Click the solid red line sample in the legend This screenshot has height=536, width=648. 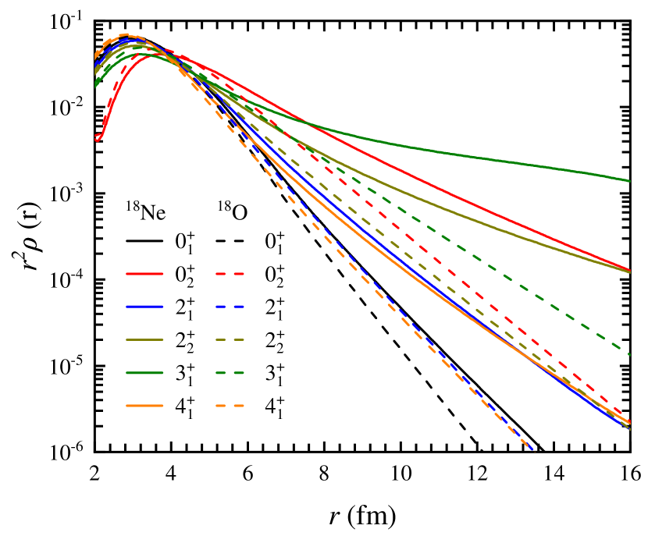(144, 274)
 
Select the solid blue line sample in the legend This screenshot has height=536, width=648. (144, 307)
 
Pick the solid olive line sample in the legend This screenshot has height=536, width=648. (144, 340)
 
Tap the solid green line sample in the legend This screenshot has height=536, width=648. (144, 373)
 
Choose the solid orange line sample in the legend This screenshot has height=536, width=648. (144, 406)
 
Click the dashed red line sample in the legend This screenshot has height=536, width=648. (230, 274)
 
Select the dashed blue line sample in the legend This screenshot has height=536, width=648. (230, 307)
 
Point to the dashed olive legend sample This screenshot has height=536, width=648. (230, 340)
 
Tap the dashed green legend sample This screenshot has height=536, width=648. (230, 373)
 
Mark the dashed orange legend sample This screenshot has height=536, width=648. (230, 406)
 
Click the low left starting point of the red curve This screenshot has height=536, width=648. (97, 138)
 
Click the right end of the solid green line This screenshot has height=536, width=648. (629, 181)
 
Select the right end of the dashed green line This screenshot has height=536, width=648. (629, 354)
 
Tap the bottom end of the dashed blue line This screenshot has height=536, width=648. (532, 449)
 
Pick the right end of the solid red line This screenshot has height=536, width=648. (629, 271)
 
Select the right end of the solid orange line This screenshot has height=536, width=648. (629, 424)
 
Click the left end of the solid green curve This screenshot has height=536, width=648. (95, 84)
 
